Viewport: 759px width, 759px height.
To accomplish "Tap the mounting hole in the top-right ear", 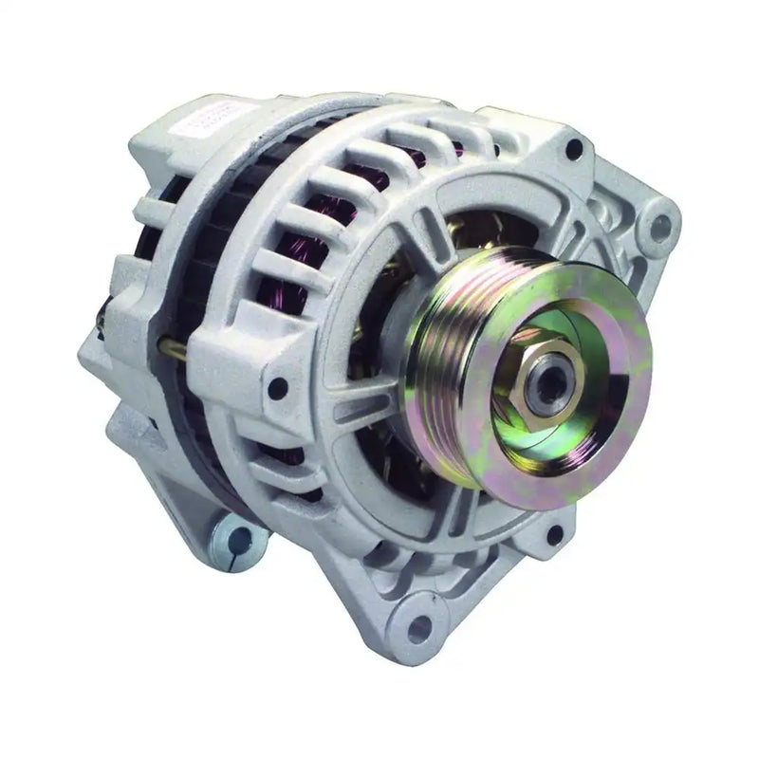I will (x=661, y=226).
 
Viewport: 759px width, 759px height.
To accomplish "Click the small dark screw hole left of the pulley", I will (x=277, y=387).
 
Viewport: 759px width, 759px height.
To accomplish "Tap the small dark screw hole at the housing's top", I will (x=573, y=149).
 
